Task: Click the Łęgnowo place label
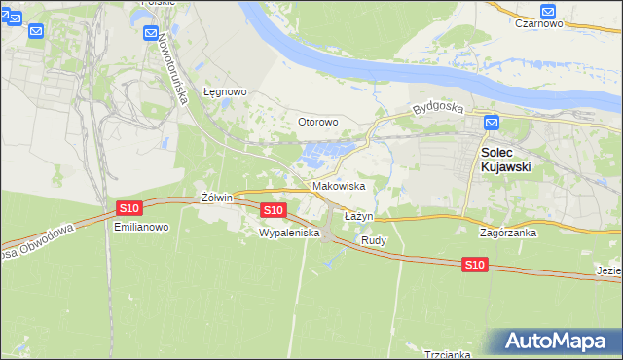(x=225, y=92)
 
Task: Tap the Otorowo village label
(x=317, y=123)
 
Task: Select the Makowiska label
(x=339, y=186)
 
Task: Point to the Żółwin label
(x=216, y=198)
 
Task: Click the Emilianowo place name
(x=142, y=227)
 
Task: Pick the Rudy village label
(x=374, y=240)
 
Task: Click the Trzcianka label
(x=448, y=355)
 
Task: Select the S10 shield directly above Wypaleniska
(x=274, y=210)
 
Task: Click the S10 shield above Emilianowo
(x=129, y=208)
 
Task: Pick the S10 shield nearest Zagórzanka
(x=474, y=265)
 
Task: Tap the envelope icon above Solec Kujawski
(x=492, y=123)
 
